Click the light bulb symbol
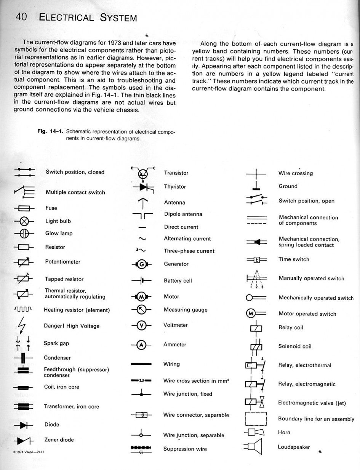[24, 221]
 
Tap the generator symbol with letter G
[141, 264]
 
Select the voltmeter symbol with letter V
[141, 325]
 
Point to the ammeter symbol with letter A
[141, 345]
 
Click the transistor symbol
[143, 174]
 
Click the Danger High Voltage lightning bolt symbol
[22, 325]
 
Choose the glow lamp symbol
[24, 233]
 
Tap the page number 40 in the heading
[21, 17]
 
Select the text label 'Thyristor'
[175, 187]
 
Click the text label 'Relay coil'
[291, 328]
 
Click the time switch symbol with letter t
[257, 260]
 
